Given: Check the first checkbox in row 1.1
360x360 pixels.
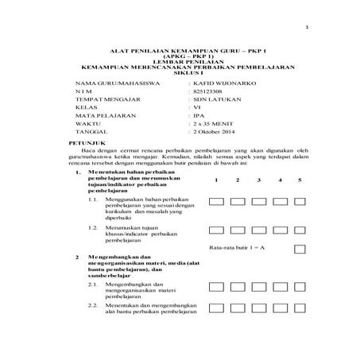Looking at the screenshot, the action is [216, 203].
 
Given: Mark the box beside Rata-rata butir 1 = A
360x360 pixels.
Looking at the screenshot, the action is [300, 249].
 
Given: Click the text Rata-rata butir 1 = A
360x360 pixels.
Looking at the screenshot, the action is [236, 249].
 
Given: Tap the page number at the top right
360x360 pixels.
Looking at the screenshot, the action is [306, 29].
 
